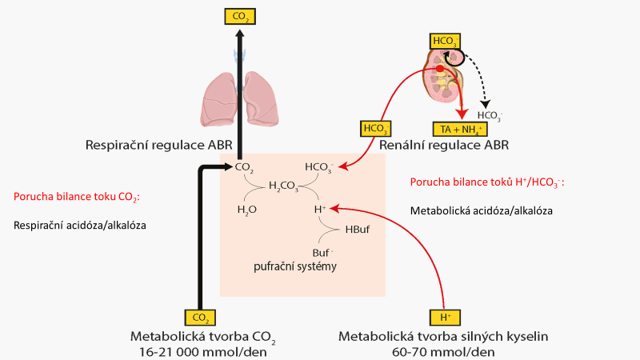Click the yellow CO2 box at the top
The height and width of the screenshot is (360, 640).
click(239, 14)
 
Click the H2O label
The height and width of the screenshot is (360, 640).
click(247, 210)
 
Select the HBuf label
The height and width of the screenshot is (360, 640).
click(356, 229)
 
